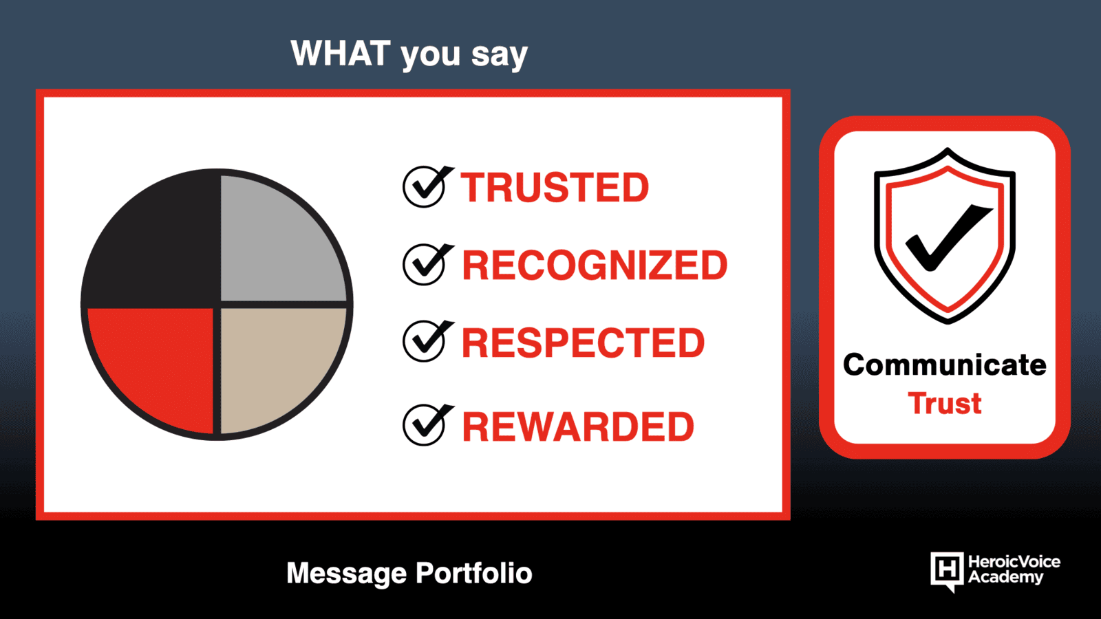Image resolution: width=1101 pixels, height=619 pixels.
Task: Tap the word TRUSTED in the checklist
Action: pyautogui.click(x=555, y=187)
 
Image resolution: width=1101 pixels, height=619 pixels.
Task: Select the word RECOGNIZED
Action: pyautogui.click(x=595, y=265)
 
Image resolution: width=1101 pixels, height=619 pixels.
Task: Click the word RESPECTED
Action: pyautogui.click(x=583, y=343)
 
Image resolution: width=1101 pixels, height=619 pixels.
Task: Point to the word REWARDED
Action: pyautogui.click(x=578, y=426)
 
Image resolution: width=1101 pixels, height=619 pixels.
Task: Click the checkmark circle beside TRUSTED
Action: pyautogui.click(x=424, y=187)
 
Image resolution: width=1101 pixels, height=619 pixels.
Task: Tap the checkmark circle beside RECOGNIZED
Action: pyautogui.click(x=424, y=265)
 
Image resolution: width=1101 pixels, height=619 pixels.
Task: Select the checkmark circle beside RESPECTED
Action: pyautogui.click(x=424, y=342)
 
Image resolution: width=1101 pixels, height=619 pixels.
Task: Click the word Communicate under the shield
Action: pyautogui.click(x=944, y=365)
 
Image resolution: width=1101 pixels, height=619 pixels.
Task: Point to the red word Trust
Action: pyautogui.click(x=944, y=404)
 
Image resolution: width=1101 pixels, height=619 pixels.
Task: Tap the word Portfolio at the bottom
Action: pyautogui.click(x=474, y=573)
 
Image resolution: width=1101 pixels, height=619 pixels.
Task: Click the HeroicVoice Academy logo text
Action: pyautogui.click(x=1014, y=569)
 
